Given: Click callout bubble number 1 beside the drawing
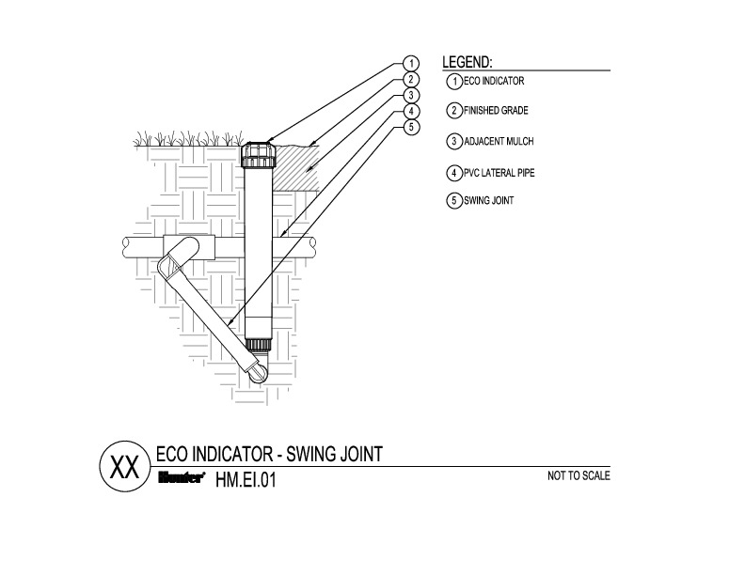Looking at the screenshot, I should pos(411,64).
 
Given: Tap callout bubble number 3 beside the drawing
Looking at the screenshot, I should pos(411,96).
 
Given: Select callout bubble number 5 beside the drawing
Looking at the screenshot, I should pos(411,128).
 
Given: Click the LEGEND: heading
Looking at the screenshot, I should pos(468,62).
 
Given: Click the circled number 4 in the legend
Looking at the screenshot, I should pos(453,173).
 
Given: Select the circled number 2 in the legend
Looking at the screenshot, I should pos(453,111).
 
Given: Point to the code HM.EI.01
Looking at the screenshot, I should pos(247,479).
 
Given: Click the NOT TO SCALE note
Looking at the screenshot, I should pos(579,475).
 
